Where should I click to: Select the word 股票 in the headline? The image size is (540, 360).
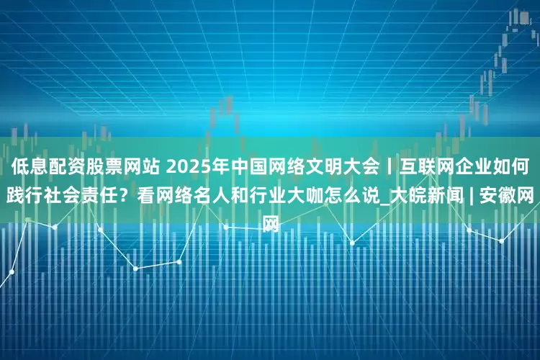click(102, 168)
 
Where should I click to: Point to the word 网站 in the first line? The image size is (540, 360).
click(140, 168)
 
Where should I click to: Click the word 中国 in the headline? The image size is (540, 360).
click(248, 168)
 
